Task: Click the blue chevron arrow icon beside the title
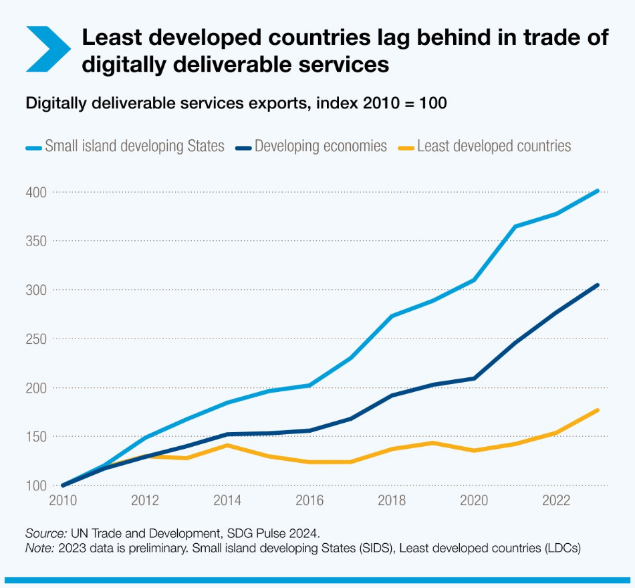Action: [47, 49]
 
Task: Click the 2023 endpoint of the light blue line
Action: [598, 191]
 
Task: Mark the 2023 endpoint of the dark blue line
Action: [598, 285]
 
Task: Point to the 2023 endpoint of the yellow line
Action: [598, 410]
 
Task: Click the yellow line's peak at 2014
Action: [228, 445]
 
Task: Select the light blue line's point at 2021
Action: [515, 226]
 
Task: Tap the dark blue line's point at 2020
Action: [474, 378]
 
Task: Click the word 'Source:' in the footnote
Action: [45, 533]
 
